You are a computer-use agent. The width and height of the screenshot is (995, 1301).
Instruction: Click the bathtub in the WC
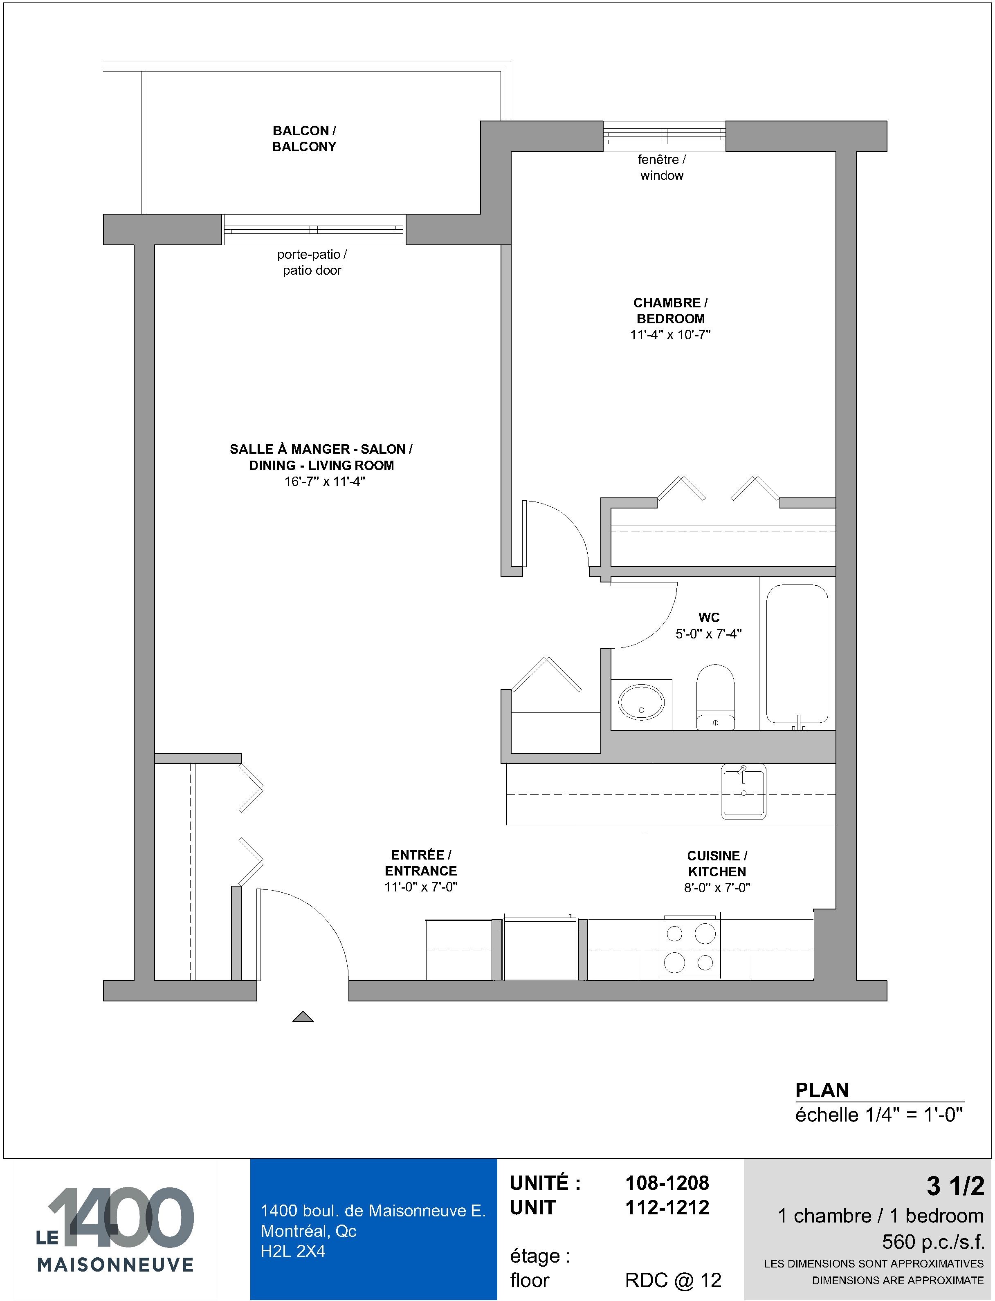[797, 654]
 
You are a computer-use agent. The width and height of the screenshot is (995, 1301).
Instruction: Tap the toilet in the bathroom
[715, 696]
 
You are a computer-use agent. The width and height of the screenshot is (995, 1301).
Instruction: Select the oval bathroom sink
[641, 703]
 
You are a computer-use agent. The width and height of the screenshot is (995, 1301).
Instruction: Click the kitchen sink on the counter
[743, 791]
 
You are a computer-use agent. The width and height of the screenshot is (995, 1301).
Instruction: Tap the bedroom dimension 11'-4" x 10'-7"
[670, 334]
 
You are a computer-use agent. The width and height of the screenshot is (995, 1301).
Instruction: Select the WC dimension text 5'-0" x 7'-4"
[708, 634]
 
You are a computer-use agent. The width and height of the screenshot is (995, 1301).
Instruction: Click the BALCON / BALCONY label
[304, 139]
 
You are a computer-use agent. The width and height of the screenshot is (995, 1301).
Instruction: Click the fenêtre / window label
[662, 168]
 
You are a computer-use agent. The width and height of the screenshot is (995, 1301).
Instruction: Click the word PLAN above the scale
[822, 1090]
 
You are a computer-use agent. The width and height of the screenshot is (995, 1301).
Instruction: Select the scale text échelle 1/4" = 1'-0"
[879, 1115]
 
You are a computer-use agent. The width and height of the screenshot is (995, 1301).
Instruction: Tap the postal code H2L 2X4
[293, 1251]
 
